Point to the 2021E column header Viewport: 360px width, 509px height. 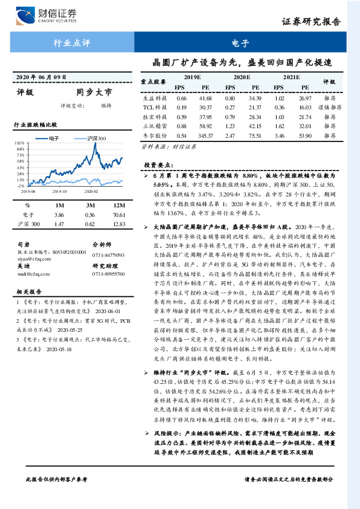point(291,77)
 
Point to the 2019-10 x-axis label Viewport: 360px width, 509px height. point(60,191)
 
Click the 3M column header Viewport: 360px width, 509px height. point(90,205)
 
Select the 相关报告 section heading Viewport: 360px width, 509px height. point(28,308)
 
